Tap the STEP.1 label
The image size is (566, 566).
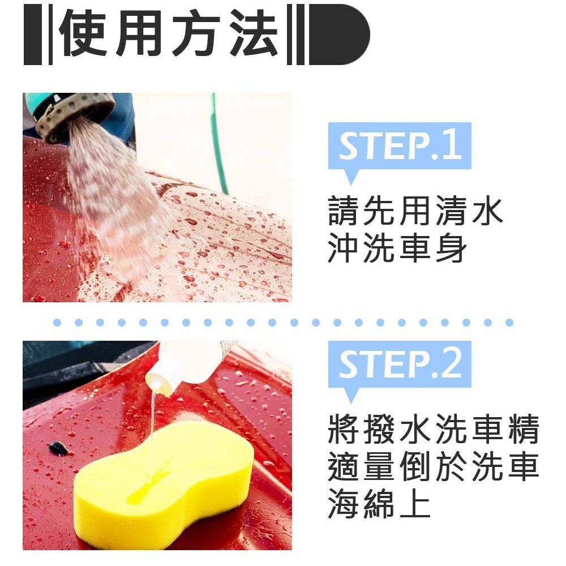pyautogui.click(x=400, y=145)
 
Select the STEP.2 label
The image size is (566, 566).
pyautogui.click(x=400, y=364)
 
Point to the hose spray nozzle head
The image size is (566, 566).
pyautogui.click(x=74, y=115)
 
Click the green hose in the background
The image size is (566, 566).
pyautogui.click(x=218, y=144)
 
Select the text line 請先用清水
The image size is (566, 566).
pyautogui.click(x=415, y=211)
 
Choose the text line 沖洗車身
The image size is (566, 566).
pyautogui.click(x=397, y=247)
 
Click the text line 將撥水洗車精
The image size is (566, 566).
pyautogui.click(x=434, y=429)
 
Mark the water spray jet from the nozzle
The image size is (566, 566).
pyautogui.click(x=119, y=202)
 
